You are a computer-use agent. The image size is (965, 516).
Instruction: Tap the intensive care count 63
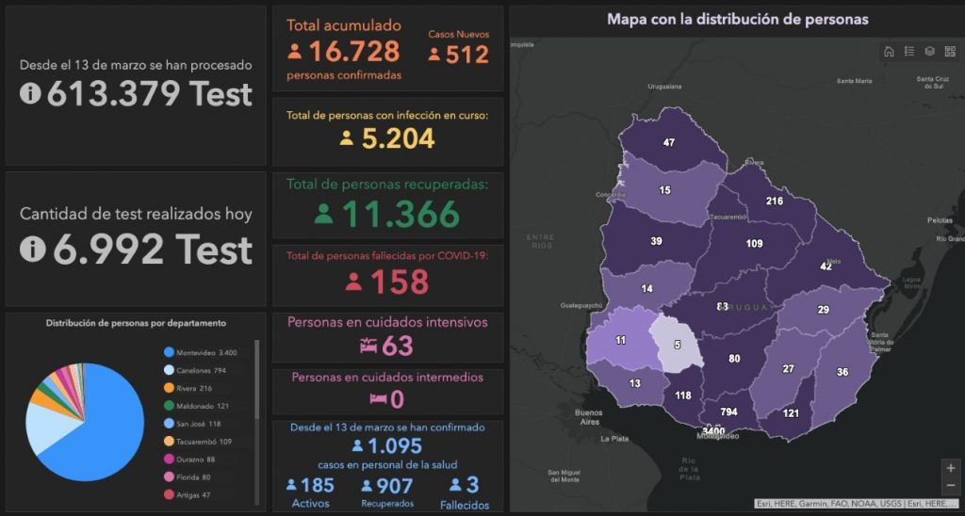point(398,346)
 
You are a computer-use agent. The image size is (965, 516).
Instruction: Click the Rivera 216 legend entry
point(194,387)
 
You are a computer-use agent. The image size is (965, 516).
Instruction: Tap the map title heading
point(737,19)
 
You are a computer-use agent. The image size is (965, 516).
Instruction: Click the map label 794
point(728,412)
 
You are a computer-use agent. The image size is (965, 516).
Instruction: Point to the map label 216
point(775,202)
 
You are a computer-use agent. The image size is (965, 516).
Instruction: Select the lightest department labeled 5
point(676,343)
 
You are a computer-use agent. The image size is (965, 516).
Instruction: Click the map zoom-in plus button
point(950,468)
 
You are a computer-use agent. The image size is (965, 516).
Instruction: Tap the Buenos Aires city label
point(588,417)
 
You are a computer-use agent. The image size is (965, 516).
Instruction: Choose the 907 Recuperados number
point(395,486)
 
